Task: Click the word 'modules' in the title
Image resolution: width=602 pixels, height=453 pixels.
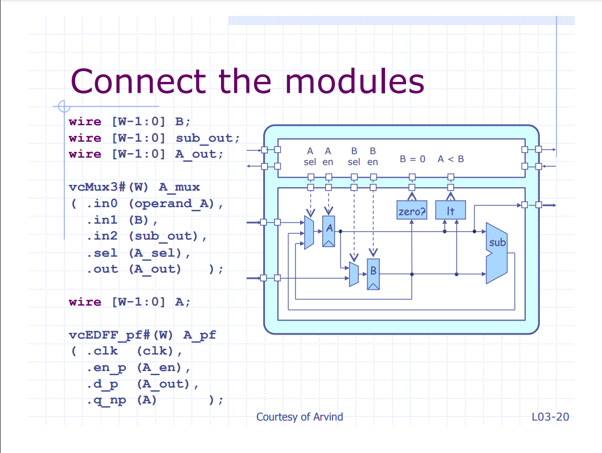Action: (355, 81)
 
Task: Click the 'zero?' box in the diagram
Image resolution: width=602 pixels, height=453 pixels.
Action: (412, 210)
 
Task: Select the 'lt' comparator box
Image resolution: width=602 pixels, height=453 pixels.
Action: (451, 210)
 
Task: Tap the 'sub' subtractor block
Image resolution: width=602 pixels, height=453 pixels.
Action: (497, 253)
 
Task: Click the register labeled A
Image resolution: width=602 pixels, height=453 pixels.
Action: (329, 231)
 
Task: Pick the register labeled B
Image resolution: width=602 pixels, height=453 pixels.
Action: (373, 274)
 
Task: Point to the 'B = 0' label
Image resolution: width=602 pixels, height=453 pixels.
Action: (412, 159)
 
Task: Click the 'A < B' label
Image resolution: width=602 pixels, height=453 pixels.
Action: (451, 159)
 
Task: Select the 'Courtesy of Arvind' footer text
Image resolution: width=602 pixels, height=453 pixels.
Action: (300, 417)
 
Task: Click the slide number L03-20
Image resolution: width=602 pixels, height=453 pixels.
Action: (550, 417)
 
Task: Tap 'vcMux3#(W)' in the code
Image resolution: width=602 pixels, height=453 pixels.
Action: (108, 187)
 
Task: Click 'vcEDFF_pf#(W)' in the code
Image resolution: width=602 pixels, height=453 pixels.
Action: (121, 335)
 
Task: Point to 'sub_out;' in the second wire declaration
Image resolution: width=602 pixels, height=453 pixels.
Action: (208, 138)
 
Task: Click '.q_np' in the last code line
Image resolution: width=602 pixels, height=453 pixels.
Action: (107, 401)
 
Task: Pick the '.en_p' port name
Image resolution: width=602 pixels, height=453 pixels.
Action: (107, 368)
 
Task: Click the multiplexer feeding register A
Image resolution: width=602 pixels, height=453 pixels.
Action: (309, 232)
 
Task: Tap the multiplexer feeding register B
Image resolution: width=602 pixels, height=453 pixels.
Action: (354, 274)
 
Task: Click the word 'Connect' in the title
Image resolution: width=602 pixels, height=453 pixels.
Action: (138, 81)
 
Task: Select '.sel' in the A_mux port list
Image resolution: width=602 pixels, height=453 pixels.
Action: (102, 253)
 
